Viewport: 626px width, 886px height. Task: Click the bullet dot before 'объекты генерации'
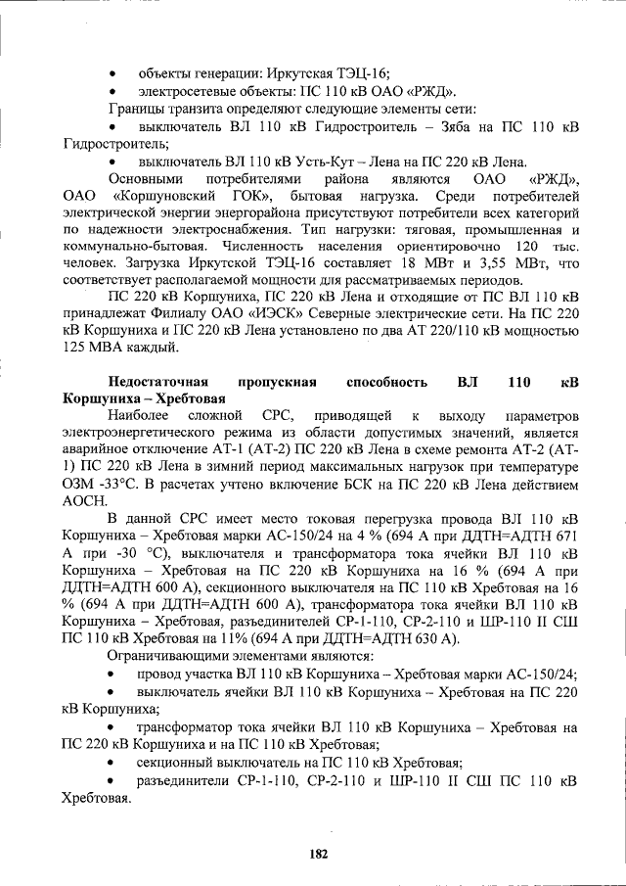(x=113, y=73)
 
